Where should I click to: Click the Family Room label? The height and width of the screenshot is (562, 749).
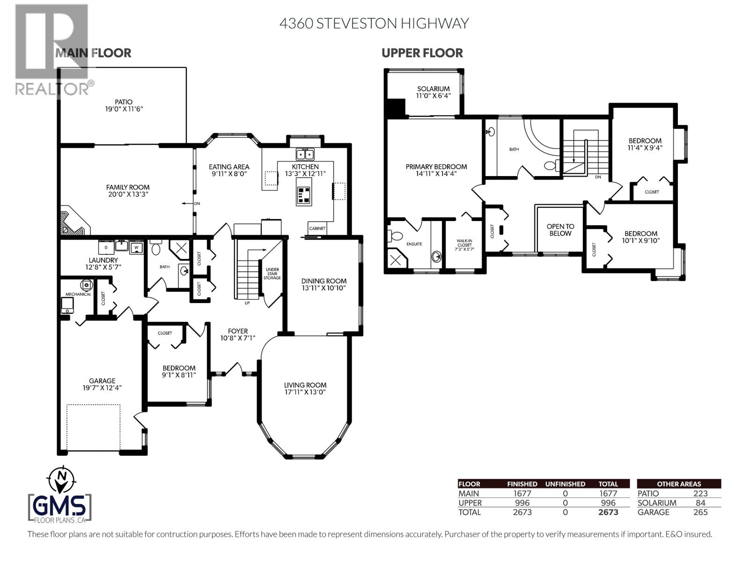pyautogui.click(x=128, y=187)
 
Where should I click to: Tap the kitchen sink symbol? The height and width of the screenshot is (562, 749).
pyautogui.click(x=305, y=154)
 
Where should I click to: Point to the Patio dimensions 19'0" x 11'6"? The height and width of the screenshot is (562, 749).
pyautogui.click(x=124, y=109)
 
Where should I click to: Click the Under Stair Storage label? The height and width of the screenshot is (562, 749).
pyautogui.click(x=272, y=274)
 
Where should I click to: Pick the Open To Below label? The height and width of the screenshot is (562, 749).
pyautogui.click(x=560, y=230)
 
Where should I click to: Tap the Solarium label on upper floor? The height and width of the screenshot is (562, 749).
pyautogui.click(x=433, y=89)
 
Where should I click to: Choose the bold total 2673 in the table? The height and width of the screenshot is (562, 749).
pyautogui.click(x=608, y=512)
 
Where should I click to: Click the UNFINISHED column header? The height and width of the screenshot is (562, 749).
pyautogui.click(x=565, y=484)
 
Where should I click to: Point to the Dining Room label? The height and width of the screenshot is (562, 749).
pyautogui.click(x=324, y=281)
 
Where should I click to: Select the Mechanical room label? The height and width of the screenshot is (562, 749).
pyautogui.click(x=78, y=294)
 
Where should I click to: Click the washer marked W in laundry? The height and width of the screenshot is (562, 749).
pyautogui.click(x=137, y=247)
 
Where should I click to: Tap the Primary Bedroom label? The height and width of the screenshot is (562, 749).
pyautogui.click(x=436, y=167)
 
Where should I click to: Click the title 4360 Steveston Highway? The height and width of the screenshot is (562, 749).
pyautogui.click(x=374, y=23)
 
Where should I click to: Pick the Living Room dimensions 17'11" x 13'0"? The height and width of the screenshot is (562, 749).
pyautogui.click(x=305, y=392)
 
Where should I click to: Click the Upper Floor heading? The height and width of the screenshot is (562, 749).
pyautogui.click(x=422, y=53)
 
